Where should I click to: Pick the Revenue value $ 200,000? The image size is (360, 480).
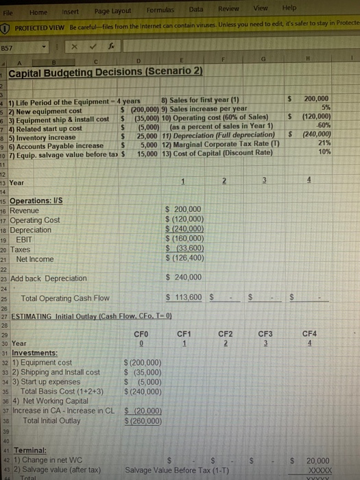point(184,208)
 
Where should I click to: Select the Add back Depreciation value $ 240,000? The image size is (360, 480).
point(184,276)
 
